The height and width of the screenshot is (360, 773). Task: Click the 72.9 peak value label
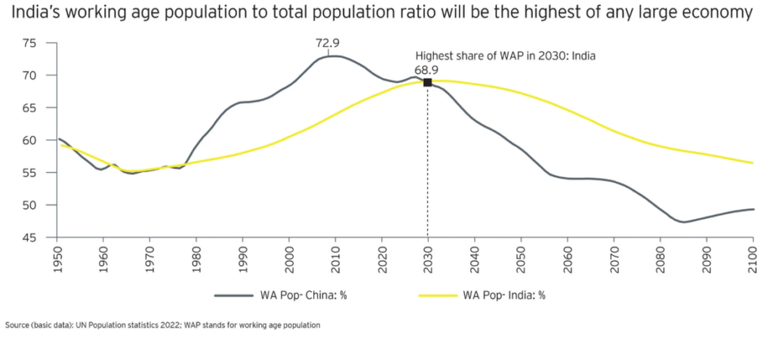click(x=328, y=43)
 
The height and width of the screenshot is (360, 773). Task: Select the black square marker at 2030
click(x=428, y=82)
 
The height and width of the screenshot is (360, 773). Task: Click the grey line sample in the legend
click(x=236, y=295)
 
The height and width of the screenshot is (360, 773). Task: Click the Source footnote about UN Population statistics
click(x=163, y=325)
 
